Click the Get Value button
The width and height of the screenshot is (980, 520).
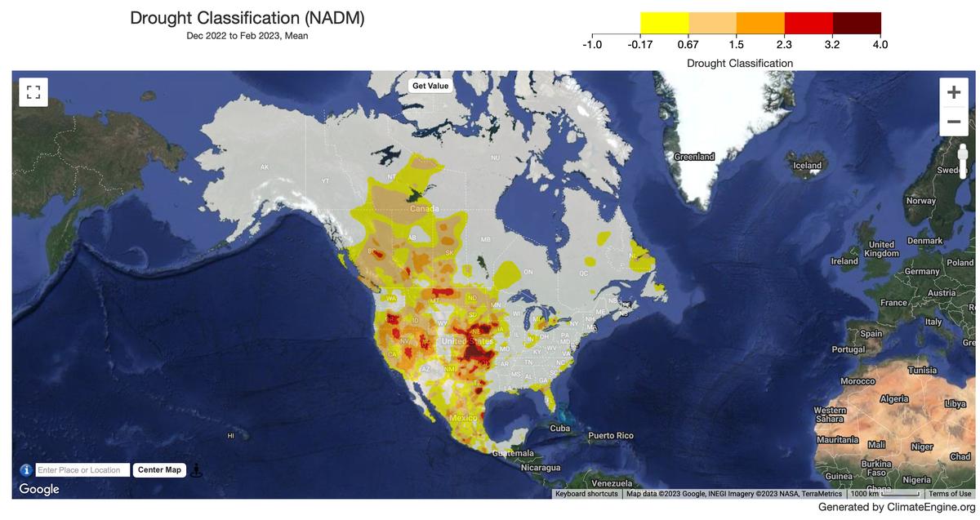coord(430,86)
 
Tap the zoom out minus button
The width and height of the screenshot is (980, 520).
coord(953,122)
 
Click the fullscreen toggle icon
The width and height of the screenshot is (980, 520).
coord(33,92)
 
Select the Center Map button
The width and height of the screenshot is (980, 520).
coord(159,470)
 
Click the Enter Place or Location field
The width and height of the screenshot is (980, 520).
coord(82,470)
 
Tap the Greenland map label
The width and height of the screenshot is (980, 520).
coord(694,157)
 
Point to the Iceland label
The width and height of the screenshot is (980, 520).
coord(808,166)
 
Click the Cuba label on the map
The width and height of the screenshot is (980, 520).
coord(559,429)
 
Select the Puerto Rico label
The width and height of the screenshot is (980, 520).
coord(611,436)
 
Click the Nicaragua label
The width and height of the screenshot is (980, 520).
coord(541,468)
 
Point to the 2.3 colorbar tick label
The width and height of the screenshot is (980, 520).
coord(784,44)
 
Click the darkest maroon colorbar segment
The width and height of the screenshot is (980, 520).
coord(856,23)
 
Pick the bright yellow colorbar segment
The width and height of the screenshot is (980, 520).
coord(664,23)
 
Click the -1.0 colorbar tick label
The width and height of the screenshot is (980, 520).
coord(592,44)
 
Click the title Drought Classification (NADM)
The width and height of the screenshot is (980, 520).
coord(247,18)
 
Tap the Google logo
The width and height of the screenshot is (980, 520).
coord(39,489)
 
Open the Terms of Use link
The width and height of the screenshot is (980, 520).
coord(950,494)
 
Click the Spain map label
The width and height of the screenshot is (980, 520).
coord(871,334)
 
